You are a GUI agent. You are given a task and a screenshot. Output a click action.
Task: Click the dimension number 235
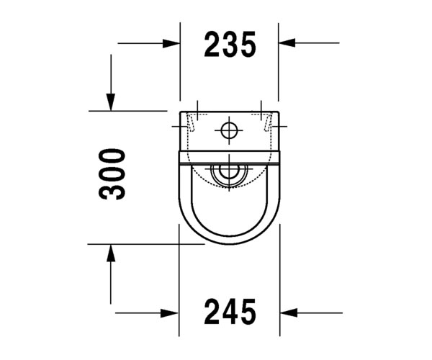230,45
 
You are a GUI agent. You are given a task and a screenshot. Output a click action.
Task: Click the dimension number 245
230,311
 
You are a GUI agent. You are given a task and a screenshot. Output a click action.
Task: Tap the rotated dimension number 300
112,174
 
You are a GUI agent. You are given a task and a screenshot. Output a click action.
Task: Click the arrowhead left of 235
171,43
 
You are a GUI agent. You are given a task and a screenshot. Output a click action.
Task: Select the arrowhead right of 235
287,42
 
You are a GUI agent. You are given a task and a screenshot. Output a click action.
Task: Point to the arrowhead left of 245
170,313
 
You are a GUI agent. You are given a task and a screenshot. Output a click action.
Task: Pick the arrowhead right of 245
289,313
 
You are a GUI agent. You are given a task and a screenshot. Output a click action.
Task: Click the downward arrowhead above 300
111,102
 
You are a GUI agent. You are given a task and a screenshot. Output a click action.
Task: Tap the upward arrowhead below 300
111,253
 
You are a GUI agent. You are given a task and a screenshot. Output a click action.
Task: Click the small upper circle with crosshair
229,130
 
